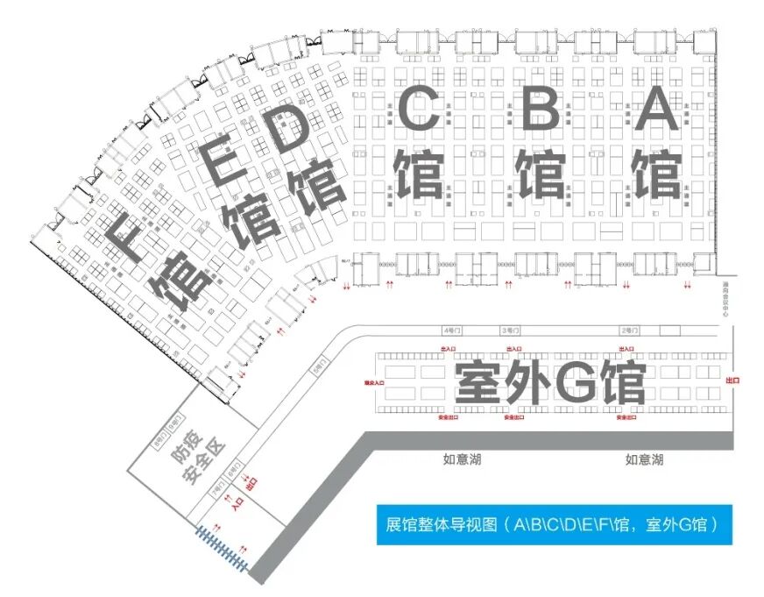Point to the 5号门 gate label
(x=317, y=368)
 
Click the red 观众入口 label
(x=376, y=383)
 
